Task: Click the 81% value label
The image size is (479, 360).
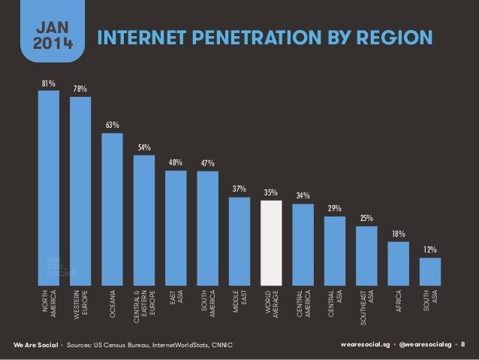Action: point(48,83)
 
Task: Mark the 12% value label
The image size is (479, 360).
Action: point(430,249)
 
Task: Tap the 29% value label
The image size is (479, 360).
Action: point(335,208)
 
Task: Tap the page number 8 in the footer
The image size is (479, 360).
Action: point(462,345)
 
